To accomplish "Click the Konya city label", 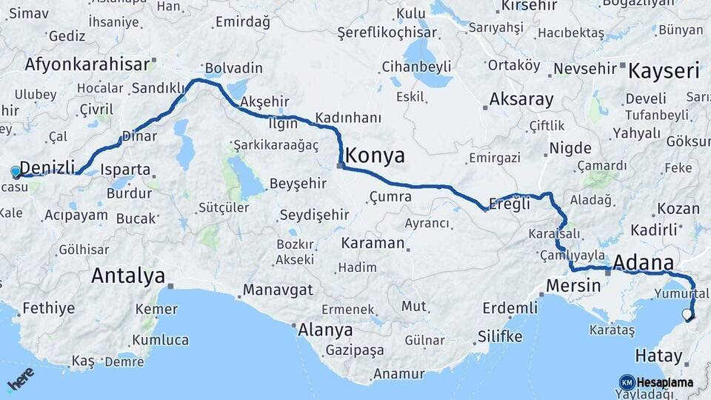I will [375, 156].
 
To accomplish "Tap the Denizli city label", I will [47, 167].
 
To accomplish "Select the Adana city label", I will [644, 263].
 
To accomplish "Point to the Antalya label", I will [128, 276].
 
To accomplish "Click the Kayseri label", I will [664, 71].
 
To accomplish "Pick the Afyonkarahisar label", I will [87, 64].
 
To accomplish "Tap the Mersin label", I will [573, 285].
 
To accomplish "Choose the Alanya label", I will [324, 330].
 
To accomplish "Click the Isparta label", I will [125, 170].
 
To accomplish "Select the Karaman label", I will [373, 243].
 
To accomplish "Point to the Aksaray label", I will [521, 99].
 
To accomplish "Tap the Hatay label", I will [658, 356].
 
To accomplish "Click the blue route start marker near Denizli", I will [16, 172].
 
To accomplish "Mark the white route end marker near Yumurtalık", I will [687, 315].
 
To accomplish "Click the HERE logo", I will [20, 379].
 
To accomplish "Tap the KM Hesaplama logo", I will [656, 382].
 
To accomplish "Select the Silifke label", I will [499, 336].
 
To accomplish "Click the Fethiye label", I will [49, 307].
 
